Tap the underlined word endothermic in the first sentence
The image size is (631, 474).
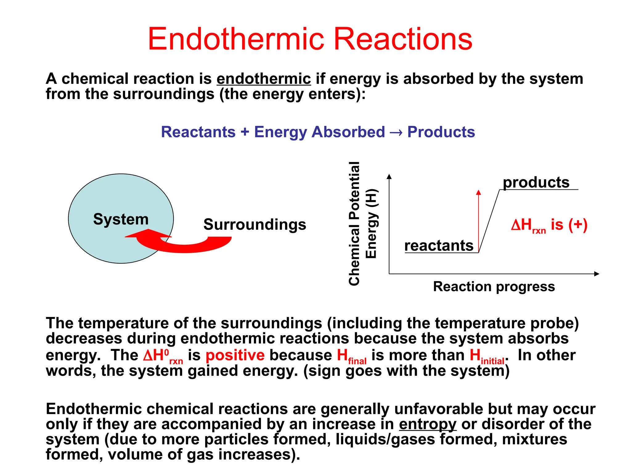click(x=264, y=79)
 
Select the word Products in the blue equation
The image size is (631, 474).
click(x=441, y=132)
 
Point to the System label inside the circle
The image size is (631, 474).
click(x=121, y=219)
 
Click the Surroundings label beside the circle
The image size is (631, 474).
click(x=255, y=224)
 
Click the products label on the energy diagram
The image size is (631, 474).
click(x=536, y=182)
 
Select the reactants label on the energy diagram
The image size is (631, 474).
click(x=439, y=246)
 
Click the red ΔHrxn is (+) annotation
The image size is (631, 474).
click(x=549, y=225)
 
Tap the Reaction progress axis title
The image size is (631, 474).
click(x=494, y=287)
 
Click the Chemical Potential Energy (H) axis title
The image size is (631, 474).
click(x=362, y=223)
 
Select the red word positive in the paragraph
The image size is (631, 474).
click(x=235, y=355)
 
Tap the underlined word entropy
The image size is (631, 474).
click(x=427, y=424)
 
